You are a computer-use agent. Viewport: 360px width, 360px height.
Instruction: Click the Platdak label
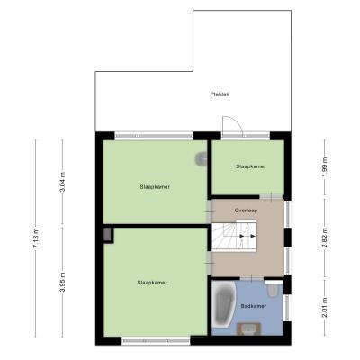click(220, 94)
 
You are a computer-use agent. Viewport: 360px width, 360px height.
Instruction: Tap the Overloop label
click(246, 211)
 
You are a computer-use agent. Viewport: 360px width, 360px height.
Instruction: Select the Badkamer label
click(254, 306)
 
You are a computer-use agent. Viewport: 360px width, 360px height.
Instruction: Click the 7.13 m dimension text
click(36, 238)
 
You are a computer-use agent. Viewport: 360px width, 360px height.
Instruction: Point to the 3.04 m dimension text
click(62, 182)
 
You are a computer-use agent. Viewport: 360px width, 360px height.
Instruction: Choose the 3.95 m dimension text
click(62, 282)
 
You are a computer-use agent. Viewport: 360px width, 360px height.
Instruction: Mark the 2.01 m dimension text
click(324, 307)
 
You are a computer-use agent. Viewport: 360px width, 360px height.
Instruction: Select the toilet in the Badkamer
click(273, 290)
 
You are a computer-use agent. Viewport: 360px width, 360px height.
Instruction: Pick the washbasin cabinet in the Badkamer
click(248, 328)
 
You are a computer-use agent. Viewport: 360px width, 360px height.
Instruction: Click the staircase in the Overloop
click(235, 236)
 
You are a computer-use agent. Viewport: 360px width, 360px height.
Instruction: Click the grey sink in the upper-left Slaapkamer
click(201, 158)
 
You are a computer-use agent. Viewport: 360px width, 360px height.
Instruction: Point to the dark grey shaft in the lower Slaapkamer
click(108, 235)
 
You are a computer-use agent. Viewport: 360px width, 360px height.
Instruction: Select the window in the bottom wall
click(156, 341)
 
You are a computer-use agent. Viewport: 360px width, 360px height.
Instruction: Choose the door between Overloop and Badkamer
click(251, 278)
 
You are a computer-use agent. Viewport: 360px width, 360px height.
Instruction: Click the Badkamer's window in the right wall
click(287, 308)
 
